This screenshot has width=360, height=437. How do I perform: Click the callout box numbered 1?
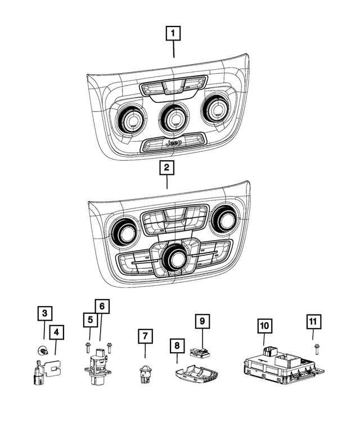click(173, 34)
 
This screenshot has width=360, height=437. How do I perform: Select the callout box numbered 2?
click(166, 167)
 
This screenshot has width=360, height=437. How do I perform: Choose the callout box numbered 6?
click(102, 307)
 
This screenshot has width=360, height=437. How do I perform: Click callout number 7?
click(145, 337)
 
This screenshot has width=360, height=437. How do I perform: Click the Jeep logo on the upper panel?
click(173, 143)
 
